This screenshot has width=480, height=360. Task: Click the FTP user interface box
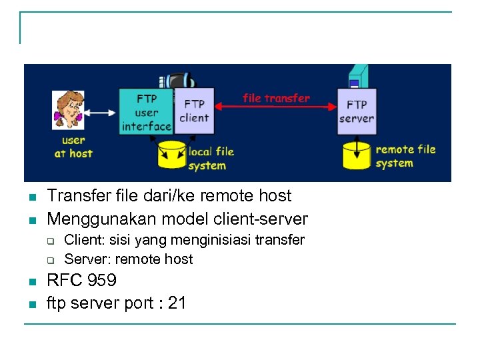(146, 111)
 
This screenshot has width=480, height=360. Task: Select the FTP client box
(194, 111)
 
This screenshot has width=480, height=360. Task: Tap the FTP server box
(357, 111)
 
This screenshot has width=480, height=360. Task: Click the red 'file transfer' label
(276, 98)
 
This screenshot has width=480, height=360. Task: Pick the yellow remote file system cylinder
(356, 155)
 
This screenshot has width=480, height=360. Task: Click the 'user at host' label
(73, 147)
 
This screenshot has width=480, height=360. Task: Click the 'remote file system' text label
(405, 156)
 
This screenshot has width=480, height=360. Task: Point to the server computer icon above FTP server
(356, 77)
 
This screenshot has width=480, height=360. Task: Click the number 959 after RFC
(102, 280)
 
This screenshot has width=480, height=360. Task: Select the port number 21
(177, 303)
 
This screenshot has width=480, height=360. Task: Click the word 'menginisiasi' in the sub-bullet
(209, 240)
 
